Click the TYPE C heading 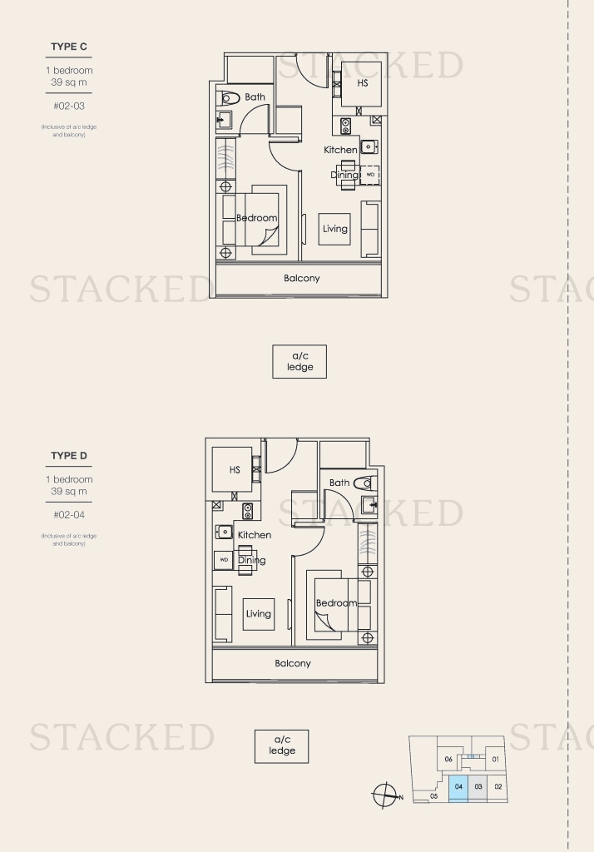(x=68, y=47)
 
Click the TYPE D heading (x=68, y=456)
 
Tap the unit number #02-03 (x=68, y=106)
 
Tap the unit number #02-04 (x=68, y=515)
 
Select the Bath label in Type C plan (x=255, y=97)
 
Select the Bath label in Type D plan (x=339, y=483)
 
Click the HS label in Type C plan (x=363, y=84)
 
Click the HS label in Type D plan (x=235, y=470)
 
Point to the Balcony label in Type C (x=301, y=279)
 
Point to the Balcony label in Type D (x=293, y=664)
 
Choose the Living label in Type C (x=335, y=229)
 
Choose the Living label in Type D (x=258, y=614)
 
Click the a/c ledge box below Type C (x=299, y=362)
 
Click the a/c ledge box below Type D (x=281, y=746)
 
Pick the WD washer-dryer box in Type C (x=370, y=175)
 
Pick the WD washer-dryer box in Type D (x=223, y=560)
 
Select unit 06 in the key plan (x=448, y=760)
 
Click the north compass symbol (x=385, y=796)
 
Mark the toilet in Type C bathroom (x=229, y=99)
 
